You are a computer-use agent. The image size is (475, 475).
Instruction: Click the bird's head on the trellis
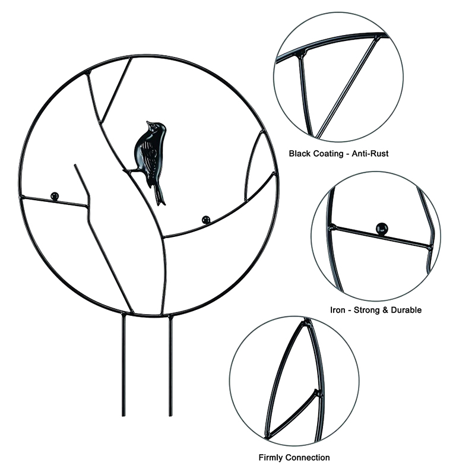pyautogui.click(x=157, y=128)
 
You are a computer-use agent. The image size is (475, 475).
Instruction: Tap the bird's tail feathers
pyautogui.click(x=159, y=196)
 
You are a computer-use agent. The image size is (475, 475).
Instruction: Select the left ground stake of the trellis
pyautogui.click(x=123, y=366)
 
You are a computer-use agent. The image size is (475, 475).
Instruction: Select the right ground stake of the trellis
pyautogui.click(x=170, y=366)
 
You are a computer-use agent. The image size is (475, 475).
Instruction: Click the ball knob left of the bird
pyautogui.click(x=55, y=196)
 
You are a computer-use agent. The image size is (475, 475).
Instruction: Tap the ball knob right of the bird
pyautogui.click(x=206, y=220)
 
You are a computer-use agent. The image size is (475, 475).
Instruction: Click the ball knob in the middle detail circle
pyautogui.click(x=382, y=229)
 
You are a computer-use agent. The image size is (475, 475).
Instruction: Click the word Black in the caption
pyautogui.click(x=300, y=154)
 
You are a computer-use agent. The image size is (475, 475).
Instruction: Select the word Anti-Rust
pyautogui.click(x=370, y=154)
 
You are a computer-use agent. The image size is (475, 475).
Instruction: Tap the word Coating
pyautogui.click(x=328, y=154)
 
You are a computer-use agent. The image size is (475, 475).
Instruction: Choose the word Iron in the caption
pyautogui.click(x=337, y=310)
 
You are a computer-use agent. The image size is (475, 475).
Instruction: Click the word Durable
pyautogui.click(x=406, y=310)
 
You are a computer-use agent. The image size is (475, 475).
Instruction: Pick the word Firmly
pyautogui.click(x=271, y=458)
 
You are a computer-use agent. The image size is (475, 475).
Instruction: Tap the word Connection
pyautogui.click(x=308, y=457)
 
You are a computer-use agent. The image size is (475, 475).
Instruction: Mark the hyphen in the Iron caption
pyautogui.click(x=349, y=311)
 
